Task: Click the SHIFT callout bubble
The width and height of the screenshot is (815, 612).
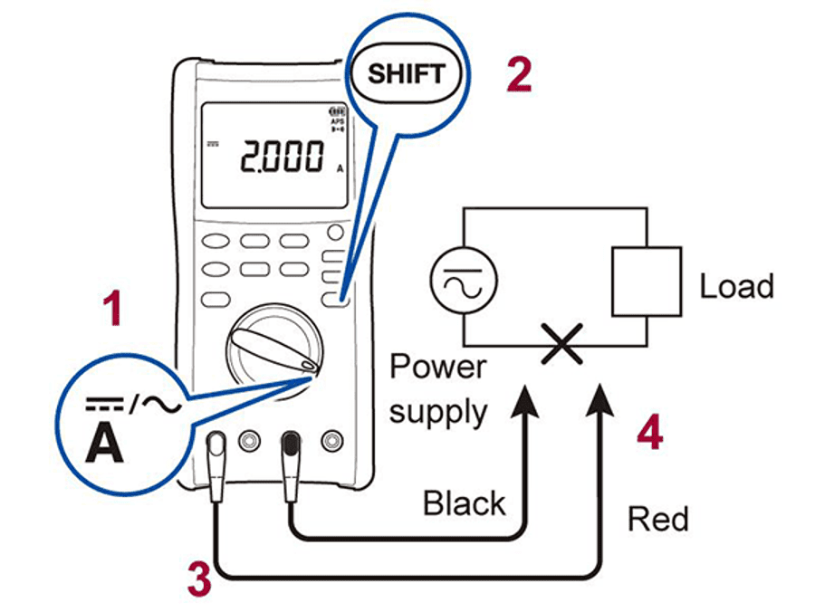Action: (x=407, y=72)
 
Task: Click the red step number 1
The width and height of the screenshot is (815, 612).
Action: (x=112, y=311)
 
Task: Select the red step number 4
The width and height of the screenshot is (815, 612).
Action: (x=649, y=435)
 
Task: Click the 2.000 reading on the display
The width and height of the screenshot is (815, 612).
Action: (x=281, y=158)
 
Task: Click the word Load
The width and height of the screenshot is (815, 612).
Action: (x=736, y=287)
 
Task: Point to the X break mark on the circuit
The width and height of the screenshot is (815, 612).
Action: (x=561, y=345)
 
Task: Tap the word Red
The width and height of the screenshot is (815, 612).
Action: (x=658, y=519)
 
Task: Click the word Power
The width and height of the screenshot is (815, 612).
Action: (x=437, y=368)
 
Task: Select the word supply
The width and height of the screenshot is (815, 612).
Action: (x=438, y=412)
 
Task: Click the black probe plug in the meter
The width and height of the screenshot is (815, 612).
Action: (x=291, y=447)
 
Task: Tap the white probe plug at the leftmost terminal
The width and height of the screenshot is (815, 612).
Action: (x=217, y=448)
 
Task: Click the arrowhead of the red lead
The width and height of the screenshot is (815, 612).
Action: (x=599, y=399)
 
